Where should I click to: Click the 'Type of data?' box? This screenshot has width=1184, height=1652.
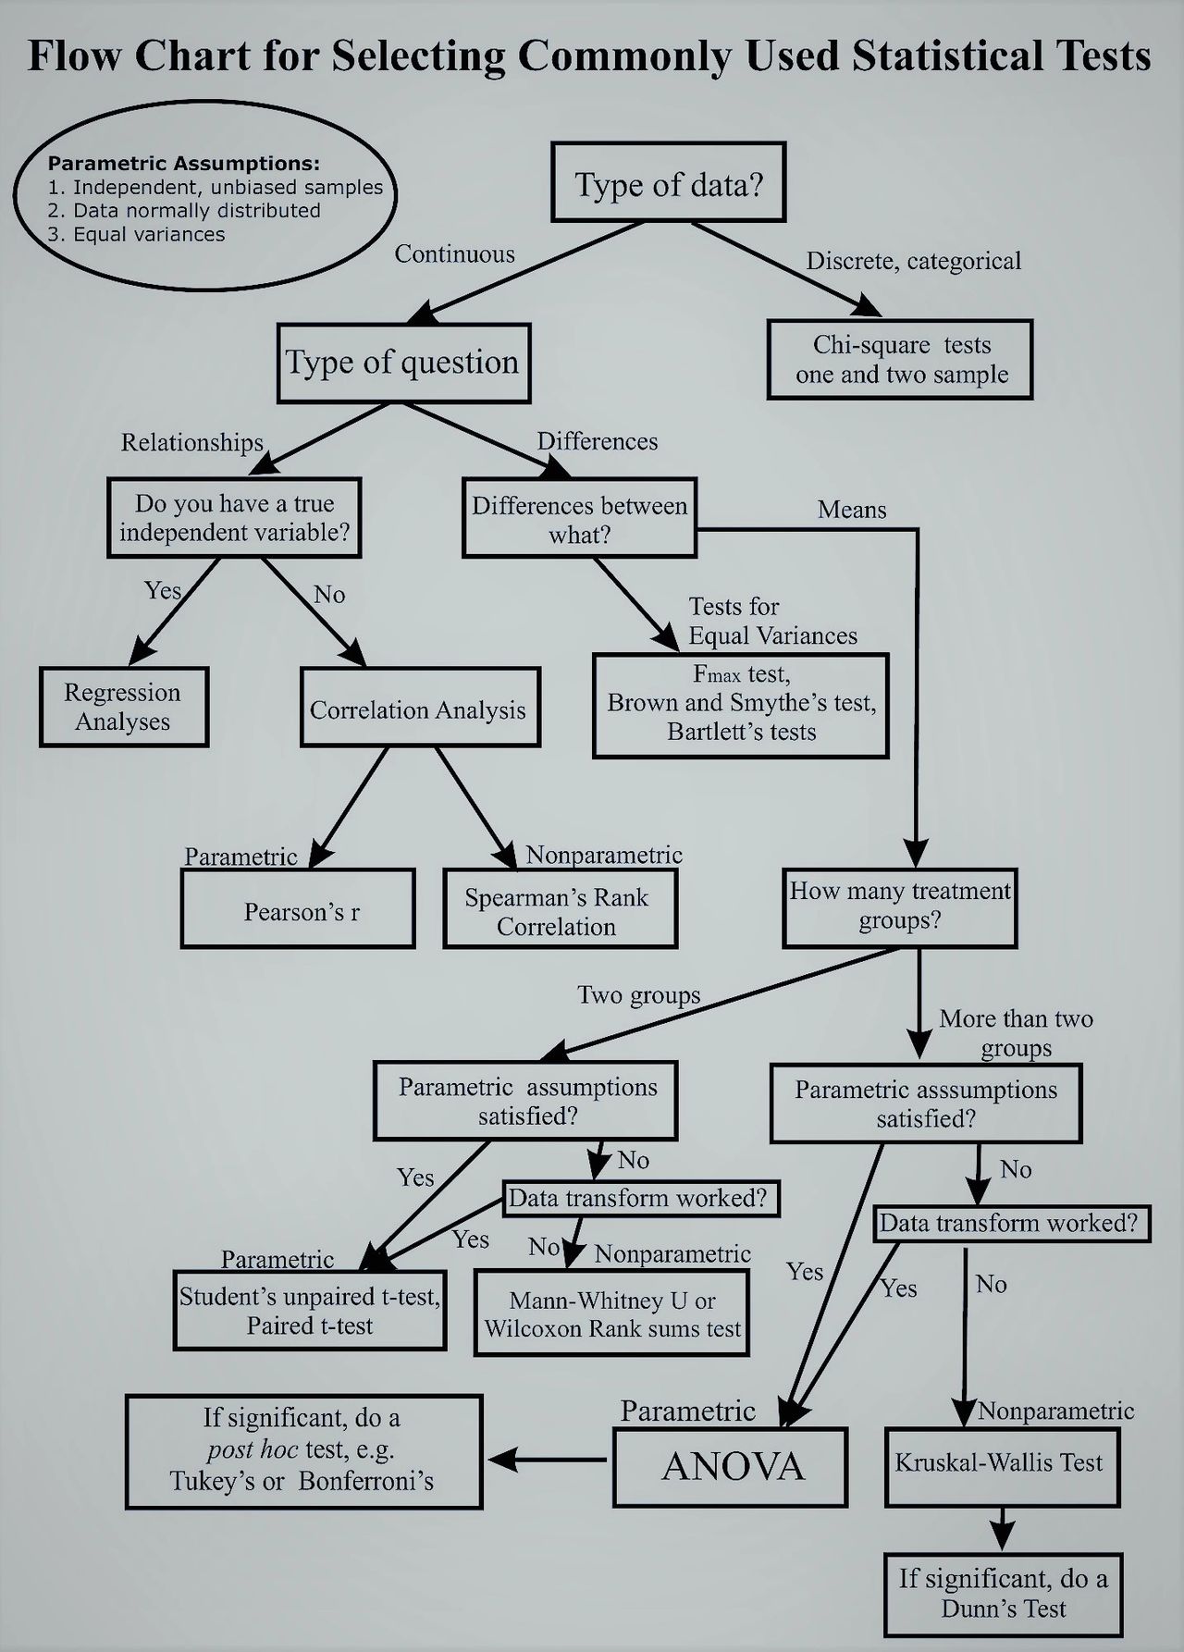(668, 183)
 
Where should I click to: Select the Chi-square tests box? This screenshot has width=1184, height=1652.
(900, 360)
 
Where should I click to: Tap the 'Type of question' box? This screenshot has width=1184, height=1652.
(403, 363)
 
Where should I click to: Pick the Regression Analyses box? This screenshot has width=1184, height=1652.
(123, 707)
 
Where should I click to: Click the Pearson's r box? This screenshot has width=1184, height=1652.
(298, 910)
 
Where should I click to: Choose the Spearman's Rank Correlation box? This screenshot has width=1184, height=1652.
(560, 910)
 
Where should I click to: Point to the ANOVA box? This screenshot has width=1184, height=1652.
(731, 1467)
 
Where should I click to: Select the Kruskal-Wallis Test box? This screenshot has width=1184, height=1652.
(1001, 1465)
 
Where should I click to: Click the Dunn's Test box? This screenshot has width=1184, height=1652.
(1004, 1594)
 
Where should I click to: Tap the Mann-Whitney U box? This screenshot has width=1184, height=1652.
(611, 1313)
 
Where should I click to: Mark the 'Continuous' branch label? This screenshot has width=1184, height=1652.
(454, 254)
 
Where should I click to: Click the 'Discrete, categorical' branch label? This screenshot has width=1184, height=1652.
(913, 261)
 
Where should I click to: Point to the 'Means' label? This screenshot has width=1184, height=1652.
(852, 510)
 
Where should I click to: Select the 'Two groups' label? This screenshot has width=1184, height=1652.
(638, 995)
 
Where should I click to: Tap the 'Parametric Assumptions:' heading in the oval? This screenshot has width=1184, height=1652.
(183, 164)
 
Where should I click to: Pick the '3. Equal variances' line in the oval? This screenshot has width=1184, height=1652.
(136, 234)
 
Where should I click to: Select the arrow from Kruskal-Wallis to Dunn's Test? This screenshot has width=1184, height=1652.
(1002, 1530)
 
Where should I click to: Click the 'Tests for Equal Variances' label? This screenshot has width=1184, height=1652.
(771, 621)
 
